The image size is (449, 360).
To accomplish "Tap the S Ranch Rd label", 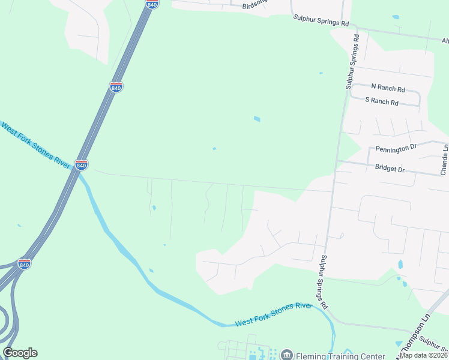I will pos(382,102).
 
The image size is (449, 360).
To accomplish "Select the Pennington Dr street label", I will pos(396,148).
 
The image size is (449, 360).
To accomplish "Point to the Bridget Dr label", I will pos(390,169).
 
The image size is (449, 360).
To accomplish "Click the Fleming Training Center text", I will pos(339,355).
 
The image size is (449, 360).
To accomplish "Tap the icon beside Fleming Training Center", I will pos(286,355).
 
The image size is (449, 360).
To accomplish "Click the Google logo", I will pos(20,353).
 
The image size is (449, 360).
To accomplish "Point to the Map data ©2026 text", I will pos(423,355).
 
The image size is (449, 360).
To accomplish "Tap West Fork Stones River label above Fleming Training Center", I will pos(274,314).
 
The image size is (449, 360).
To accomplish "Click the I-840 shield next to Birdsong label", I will pos(152,4).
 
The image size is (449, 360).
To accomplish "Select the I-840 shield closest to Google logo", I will pos(24,264).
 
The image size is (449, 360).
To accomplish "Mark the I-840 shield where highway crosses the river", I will pos(82,164).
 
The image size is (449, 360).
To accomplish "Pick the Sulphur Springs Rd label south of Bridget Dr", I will pos(324,281).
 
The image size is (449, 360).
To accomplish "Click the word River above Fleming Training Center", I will pos(303,307).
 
